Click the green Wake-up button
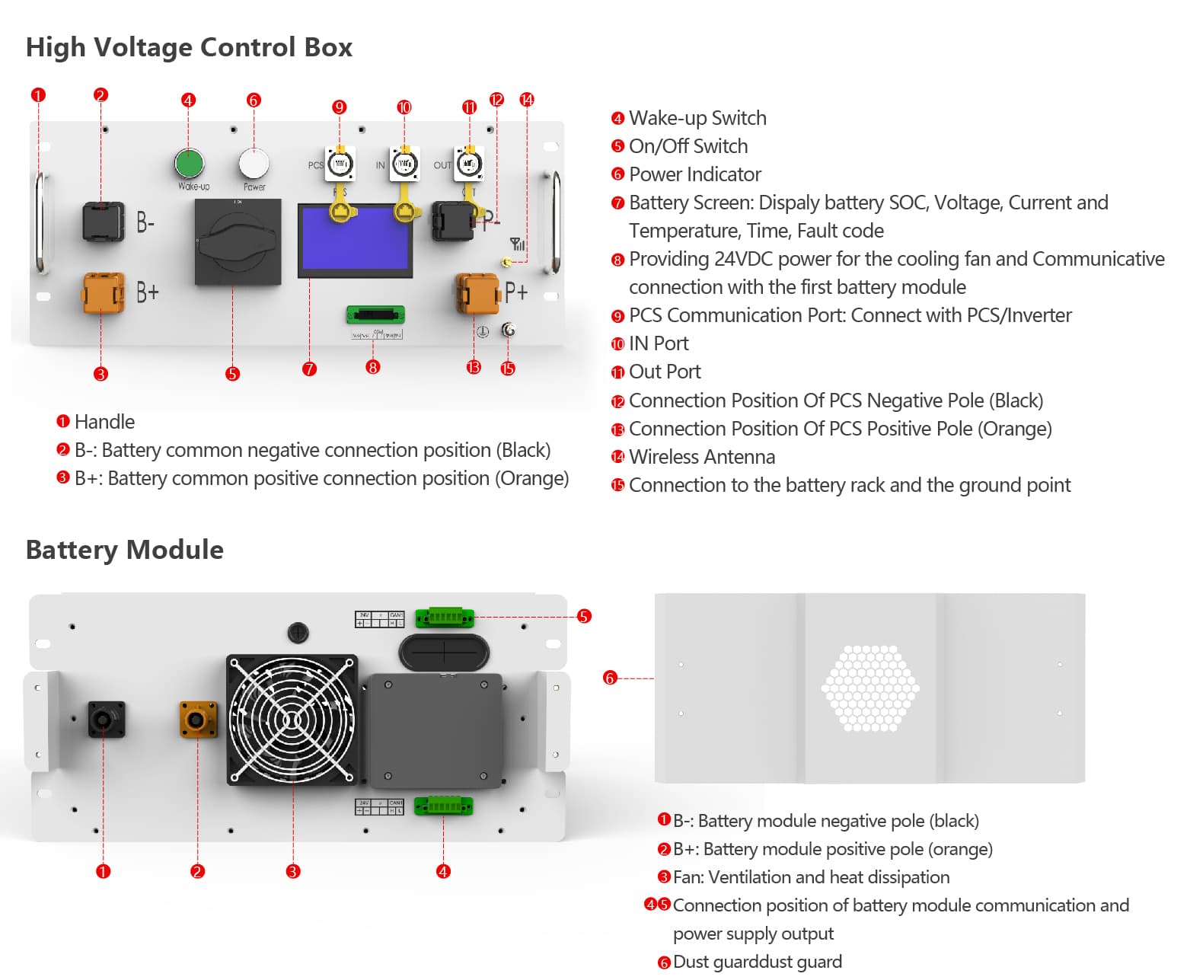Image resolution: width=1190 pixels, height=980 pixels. [189, 163]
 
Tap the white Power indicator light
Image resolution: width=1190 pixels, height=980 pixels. [254, 163]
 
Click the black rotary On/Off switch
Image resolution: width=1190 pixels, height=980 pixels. [238, 242]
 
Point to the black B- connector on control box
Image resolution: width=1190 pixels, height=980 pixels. [103, 222]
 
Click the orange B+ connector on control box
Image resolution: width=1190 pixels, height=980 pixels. [102, 293]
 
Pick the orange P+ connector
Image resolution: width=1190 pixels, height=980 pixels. [477, 294]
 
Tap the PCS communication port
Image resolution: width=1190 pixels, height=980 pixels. [340, 164]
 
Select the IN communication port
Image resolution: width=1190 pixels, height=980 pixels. [404, 164]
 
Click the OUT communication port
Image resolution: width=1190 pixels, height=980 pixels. [469, 164]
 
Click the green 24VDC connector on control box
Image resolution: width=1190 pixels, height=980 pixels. [375, 314]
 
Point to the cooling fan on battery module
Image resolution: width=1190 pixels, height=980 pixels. [292, 720]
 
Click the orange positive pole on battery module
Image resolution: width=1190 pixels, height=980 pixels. [198, 720]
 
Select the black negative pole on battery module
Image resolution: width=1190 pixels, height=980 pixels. [106, 720]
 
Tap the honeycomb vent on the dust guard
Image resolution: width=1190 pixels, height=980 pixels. [870, 688]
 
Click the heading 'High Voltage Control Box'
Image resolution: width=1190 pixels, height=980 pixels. [189, 47]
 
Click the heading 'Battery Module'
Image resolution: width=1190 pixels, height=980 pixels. [125, 550]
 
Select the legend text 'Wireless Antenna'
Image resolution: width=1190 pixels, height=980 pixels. [701, 457]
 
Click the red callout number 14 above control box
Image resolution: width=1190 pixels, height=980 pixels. [527, 100]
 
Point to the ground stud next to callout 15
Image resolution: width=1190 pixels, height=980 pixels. [509, 330]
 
